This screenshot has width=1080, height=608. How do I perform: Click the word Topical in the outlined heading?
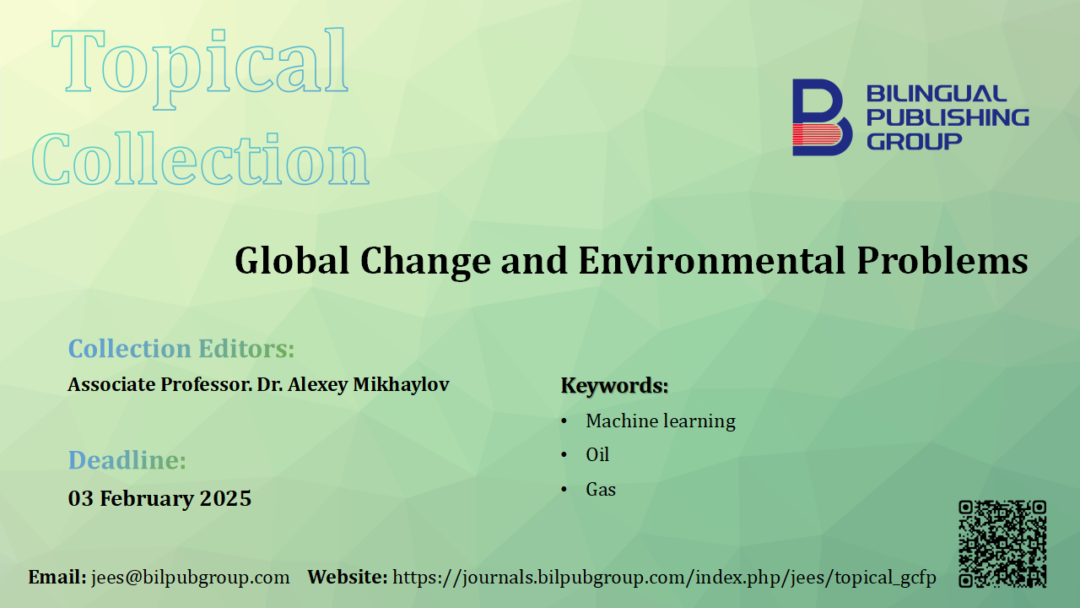coord(200,68)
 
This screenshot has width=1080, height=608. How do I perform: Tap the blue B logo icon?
coord(822,117)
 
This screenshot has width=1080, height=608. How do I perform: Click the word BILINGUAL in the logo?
coord(937,93)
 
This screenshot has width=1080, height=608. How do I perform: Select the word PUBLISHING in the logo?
coord(948,117)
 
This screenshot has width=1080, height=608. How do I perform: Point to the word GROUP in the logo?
coord(914,141)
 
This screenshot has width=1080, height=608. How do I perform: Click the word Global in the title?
coord(292,261)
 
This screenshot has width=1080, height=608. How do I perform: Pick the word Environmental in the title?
coord(711,261)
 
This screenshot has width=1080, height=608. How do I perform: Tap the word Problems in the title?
coord(942,261)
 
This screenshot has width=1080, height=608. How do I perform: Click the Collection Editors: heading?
coord(181,349)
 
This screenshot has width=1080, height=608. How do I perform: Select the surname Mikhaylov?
coord(401,384)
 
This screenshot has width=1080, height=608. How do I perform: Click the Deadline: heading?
coord(127,460)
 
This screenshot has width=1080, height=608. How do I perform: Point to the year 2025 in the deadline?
coord(225,498)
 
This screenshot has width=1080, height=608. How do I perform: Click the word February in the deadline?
coord(145,499)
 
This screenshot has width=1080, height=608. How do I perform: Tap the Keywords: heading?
coord(615,386)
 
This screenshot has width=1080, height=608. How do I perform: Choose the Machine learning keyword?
coord(661,421)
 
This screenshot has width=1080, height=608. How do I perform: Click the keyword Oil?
coord(597,454)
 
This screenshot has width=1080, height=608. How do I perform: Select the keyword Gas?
coord(601,489)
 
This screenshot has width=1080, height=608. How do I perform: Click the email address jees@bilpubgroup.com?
coord(191,577)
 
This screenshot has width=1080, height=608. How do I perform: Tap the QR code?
coord(1002,544)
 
